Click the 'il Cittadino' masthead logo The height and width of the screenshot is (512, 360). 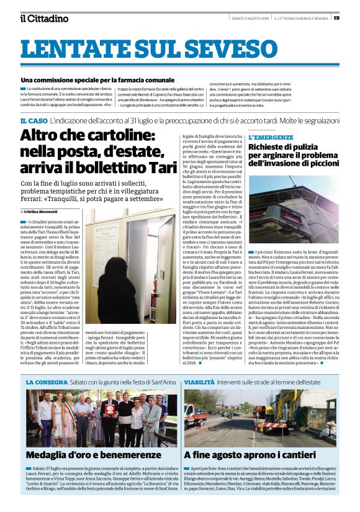[x=45, y=18]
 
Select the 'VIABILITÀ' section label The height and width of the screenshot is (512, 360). [x=202, y=383]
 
